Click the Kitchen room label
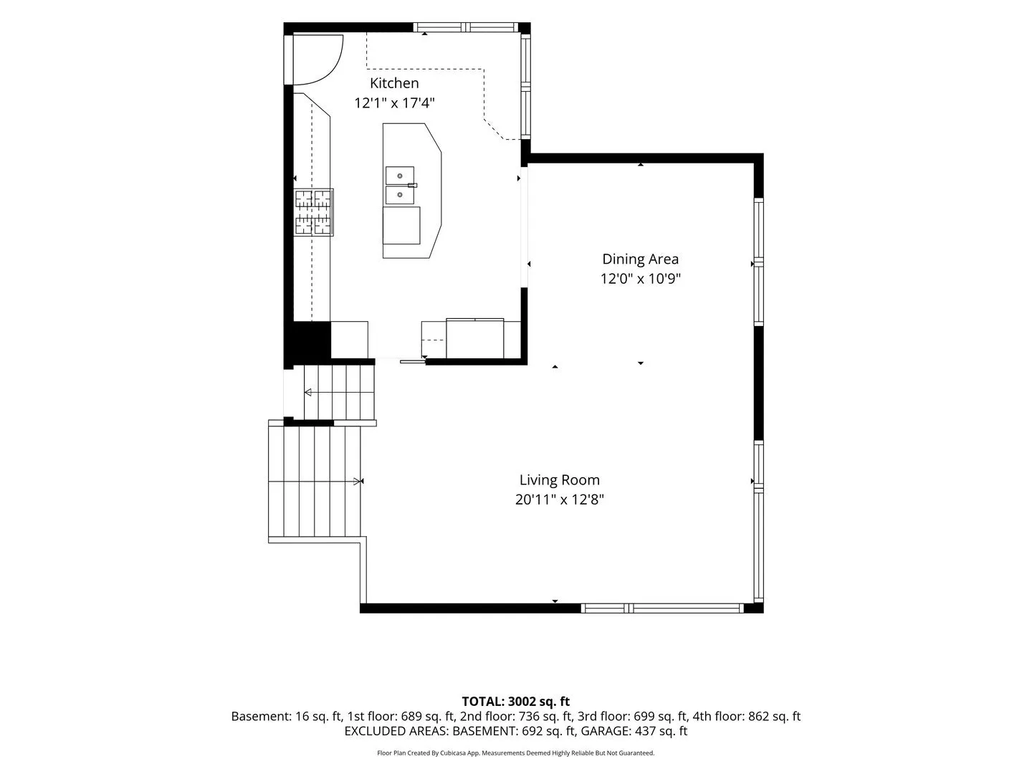[x=394, y=83]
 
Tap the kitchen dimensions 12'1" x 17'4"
[x=394, y=103]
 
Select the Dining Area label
[x=641, y=259]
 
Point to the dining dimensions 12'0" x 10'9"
[x=641, y=279]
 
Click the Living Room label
[x=560, y=480]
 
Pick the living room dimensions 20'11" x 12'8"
[x=560, y=499]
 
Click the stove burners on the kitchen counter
[x=314, y=212]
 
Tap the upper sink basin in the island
[x=400, y=176]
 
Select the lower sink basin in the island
[x=400, y=194]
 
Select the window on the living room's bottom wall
[x=662, y=608]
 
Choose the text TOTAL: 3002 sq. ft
[x=516, y=702]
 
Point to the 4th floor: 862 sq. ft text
[x=747, y=716]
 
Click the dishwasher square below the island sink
[x=401, y=226]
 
